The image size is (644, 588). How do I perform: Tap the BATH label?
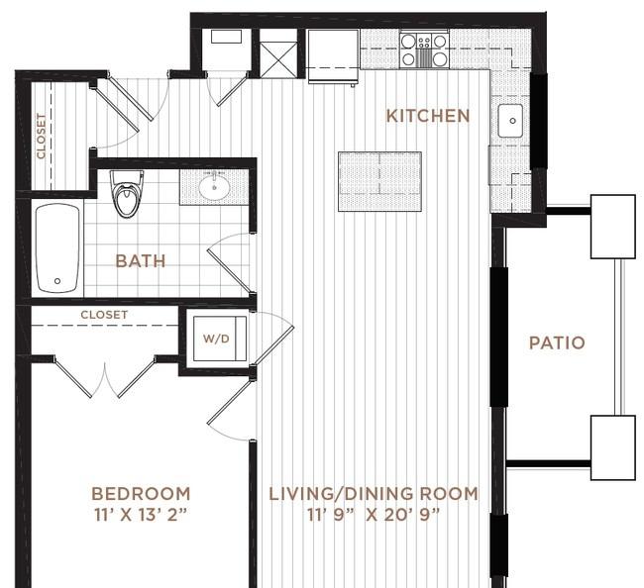[x=141, y=261]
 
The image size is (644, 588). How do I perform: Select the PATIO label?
[x=556, y=343]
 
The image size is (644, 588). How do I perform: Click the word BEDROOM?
[x=141, y=493]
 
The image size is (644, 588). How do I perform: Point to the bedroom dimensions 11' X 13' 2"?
[x=141, y=514]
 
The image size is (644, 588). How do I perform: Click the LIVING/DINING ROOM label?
[x=374, y=493]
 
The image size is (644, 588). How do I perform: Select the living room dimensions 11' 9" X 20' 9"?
[x=374, y=514]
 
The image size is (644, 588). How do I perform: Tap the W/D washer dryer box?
[x=216, y=339]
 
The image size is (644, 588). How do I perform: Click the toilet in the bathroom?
[x=127, y=193]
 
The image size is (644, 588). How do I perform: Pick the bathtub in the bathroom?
[x=57, y=247]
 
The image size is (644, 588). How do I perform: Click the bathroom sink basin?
[x=214, y=186]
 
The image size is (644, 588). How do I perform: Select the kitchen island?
[x=379, y=181]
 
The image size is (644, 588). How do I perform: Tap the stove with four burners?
[x=424, y=49]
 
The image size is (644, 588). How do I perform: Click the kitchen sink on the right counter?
[x=510, y=121]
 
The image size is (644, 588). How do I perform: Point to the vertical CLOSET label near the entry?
[x=41, y=136]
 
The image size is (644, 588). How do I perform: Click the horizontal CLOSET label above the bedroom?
[x=104, y=315]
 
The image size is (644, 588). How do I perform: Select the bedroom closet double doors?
[x=104, y=376]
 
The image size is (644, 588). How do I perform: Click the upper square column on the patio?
[x=612, y=227]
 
